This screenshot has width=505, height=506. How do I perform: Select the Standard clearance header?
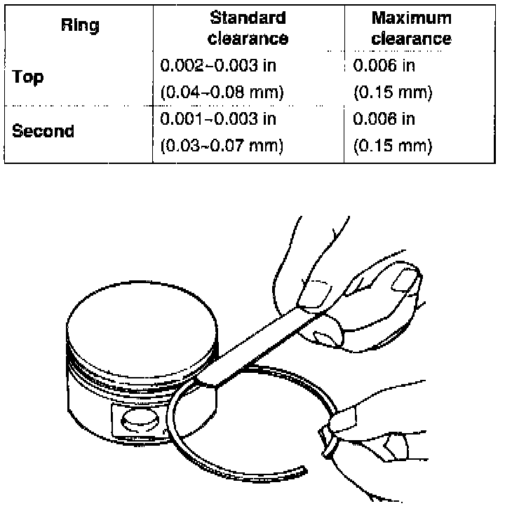(248, 27)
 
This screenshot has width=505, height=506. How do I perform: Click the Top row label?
(28, 76)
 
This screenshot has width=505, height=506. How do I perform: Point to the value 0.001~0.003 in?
(218, 119)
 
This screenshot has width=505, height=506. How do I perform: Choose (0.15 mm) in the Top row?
(393, 92)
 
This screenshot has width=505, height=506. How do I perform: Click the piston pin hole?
(134, 423)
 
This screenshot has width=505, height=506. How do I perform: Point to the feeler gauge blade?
(260, 343)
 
